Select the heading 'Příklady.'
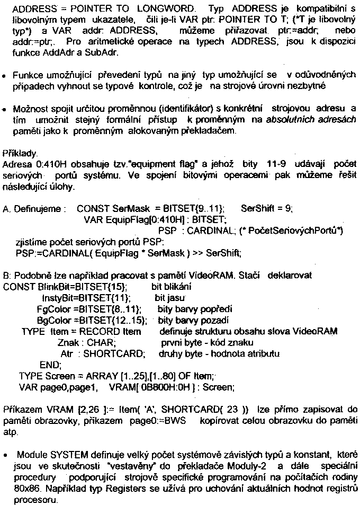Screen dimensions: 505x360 [x=20, y=150]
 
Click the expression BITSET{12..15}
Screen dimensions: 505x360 [x=113, y=320]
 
